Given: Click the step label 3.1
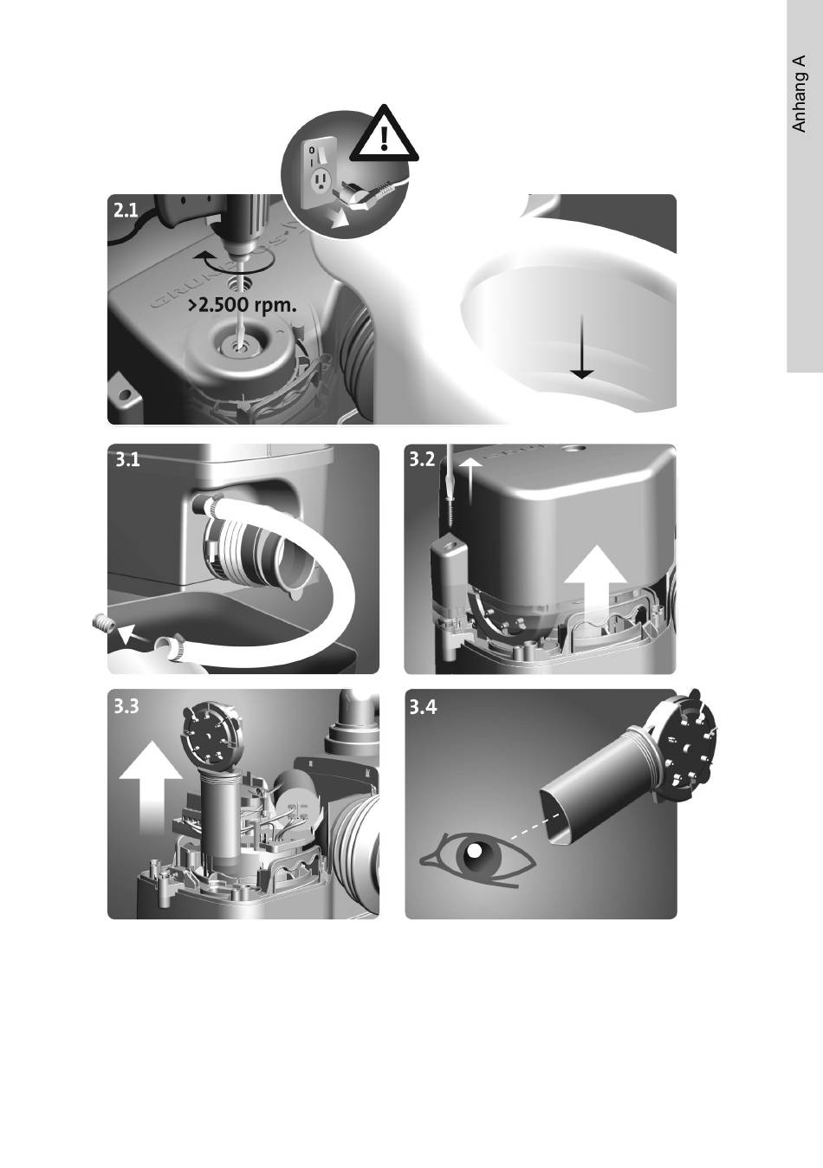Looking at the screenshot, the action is pos(127,460).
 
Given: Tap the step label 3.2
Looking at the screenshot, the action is pos(423,459).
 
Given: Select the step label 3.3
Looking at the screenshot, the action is pos(127,708).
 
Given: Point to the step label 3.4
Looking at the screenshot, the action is pos(424,708).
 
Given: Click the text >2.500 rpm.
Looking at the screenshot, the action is pos(243,306).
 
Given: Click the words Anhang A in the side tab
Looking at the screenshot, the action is pos(799,94).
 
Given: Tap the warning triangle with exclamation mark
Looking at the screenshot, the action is pos(384,133).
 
